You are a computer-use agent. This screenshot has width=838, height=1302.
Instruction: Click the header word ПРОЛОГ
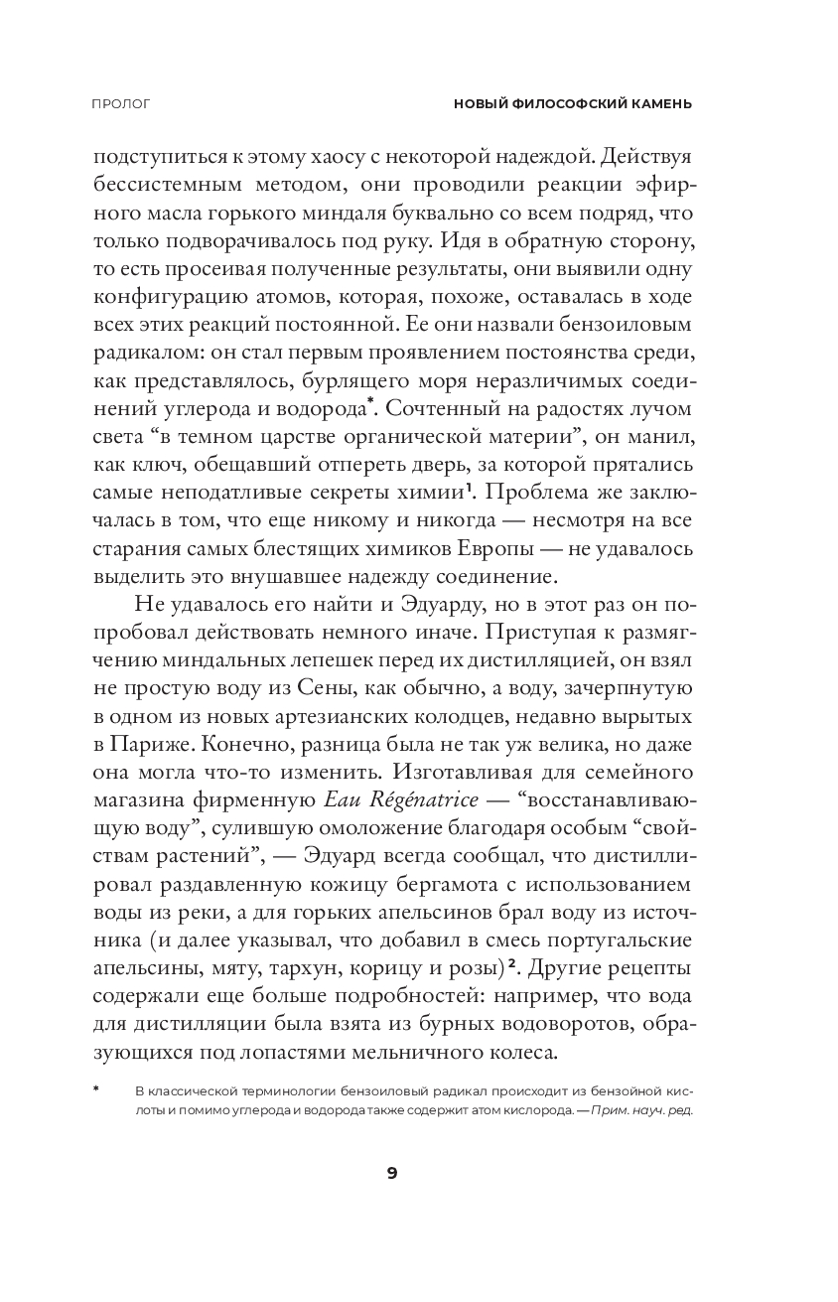(x=119, y=103)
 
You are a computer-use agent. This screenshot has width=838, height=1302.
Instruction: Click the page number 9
(x=392, y=1173)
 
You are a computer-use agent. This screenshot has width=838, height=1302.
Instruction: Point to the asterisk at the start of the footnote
(x=97, y=1089)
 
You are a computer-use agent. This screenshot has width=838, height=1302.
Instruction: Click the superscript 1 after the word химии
(x=469, y=487)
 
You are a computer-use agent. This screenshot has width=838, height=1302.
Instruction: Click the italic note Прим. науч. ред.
(x=640, y=1110)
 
